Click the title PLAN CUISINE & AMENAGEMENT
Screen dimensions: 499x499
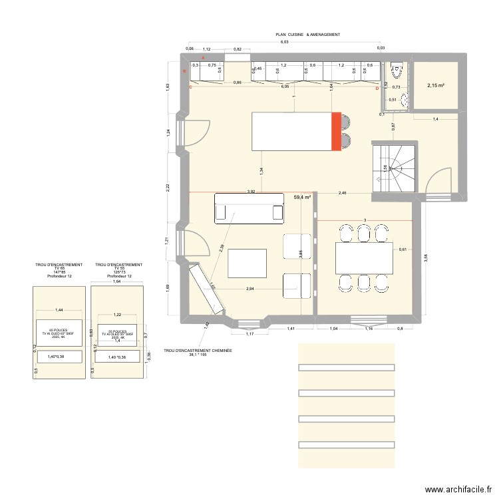coord(308,34)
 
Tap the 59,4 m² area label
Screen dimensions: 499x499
coord(303,198)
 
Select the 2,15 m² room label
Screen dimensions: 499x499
coord(435,85)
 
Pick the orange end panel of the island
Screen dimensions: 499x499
coord(336,132)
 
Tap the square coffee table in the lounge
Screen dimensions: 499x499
coord(247,264)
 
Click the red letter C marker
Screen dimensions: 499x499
coord(190,87)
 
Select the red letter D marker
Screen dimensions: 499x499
coord(377,88)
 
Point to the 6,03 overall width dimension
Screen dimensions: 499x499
coord(285,43)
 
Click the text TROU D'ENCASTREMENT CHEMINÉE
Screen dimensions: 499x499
coord(198,349)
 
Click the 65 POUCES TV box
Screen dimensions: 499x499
coord(59,333)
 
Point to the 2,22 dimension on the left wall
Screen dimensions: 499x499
coord(168,188)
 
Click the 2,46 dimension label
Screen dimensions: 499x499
coord(343,192)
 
